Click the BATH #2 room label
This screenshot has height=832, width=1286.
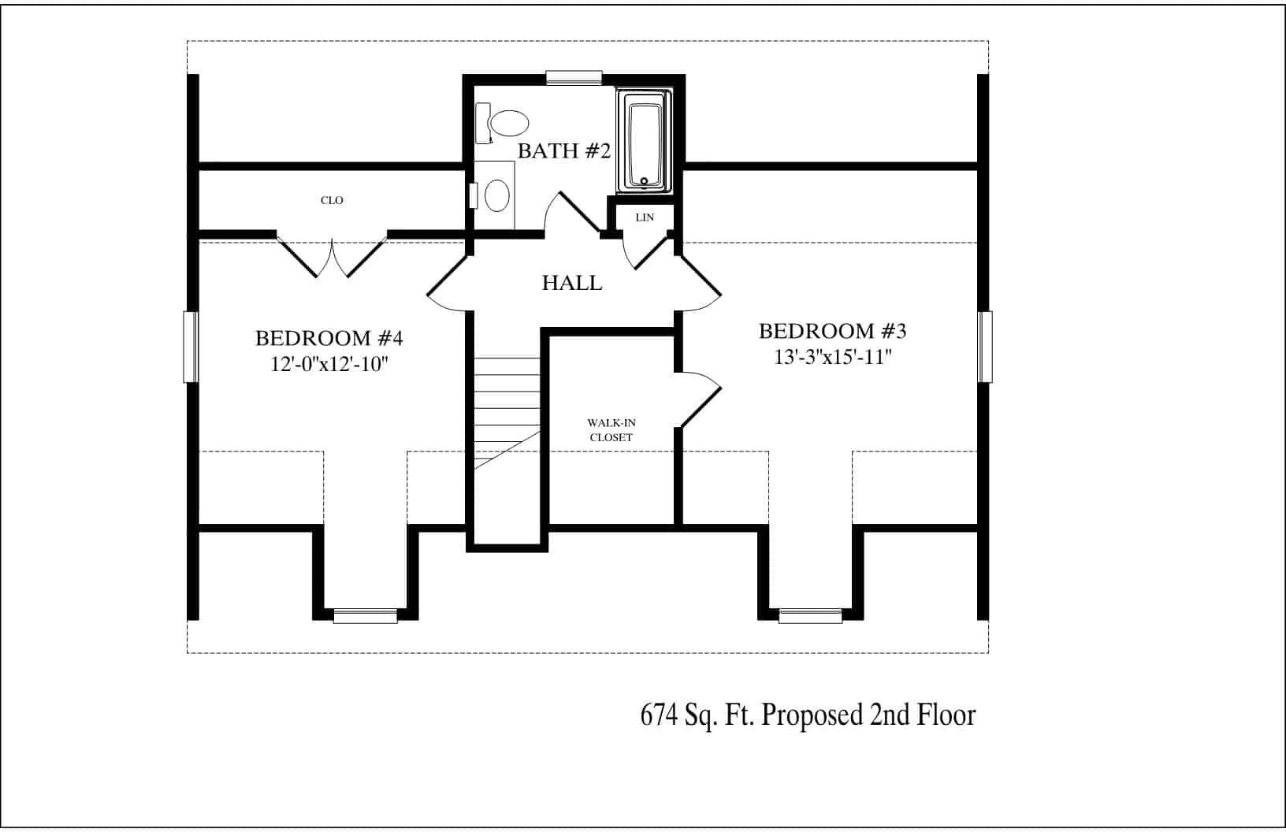563,151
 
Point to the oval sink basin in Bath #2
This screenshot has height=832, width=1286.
496,195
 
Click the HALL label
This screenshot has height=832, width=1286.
572,283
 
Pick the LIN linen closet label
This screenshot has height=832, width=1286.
645,217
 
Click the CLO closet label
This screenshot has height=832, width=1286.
332,200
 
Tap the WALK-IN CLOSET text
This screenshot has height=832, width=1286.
611,430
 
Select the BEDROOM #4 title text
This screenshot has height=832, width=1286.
329,339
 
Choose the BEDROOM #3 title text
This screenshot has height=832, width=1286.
838,331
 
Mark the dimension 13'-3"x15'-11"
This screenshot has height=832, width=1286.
833,356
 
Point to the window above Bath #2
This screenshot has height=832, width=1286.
574,77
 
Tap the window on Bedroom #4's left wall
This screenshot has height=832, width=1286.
190,347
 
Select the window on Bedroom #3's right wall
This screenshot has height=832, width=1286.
985,347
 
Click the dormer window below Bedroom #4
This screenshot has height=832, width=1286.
365,616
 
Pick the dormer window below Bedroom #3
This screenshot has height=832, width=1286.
810,616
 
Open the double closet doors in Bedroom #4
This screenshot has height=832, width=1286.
332,256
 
